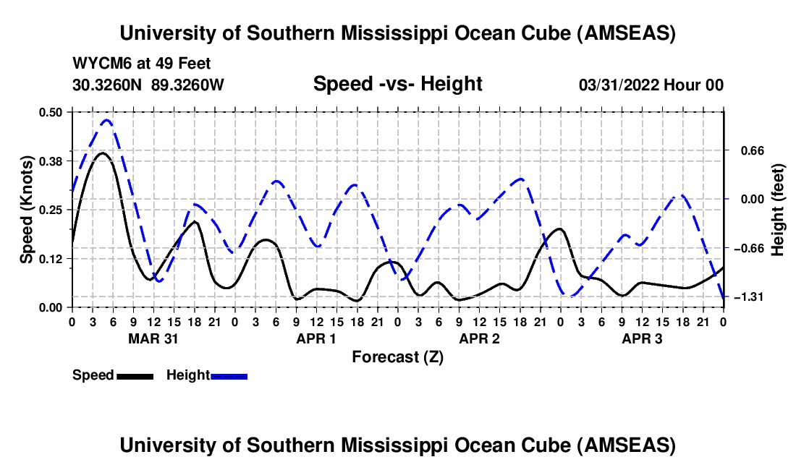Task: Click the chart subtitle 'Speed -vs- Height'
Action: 397,85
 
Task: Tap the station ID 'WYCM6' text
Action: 97,64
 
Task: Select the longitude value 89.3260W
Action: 188,85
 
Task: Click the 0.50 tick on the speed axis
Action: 51,111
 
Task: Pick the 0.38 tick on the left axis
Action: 51,161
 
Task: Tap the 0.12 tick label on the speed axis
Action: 51,258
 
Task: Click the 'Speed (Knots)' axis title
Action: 27,210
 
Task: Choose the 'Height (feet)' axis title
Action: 778,210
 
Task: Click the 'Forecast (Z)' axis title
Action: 397,356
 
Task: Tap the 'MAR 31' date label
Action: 153,338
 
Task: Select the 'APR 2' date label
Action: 479,338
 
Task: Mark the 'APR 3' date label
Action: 642,338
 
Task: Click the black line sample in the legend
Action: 135,376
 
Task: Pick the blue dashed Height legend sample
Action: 229,376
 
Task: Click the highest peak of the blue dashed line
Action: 106,120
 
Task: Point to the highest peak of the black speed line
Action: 102,153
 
